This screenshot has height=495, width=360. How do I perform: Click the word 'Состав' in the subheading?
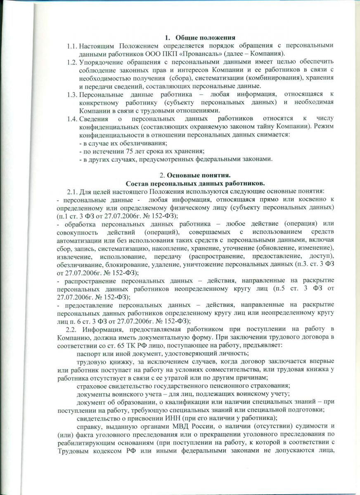pos(136,182)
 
